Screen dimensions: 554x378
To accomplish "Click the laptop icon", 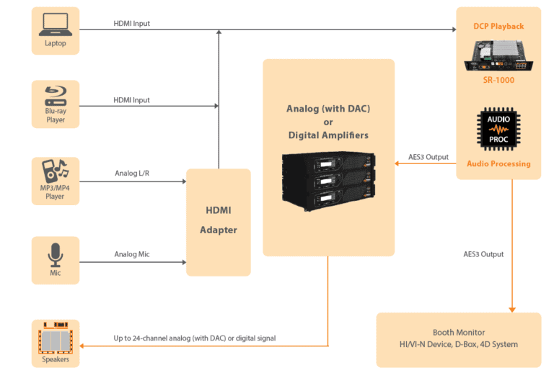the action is pyautogui.click(x=56, y=24).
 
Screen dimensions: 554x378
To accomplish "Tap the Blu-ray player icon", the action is pyautogui.click(x=56, y=96).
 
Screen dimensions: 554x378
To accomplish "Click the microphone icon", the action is pyautogui.click(x=56, y=255).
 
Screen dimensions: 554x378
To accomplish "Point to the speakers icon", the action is pyautogui.click(x=56, y=338).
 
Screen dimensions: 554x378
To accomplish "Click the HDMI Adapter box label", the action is pyautogui.click(x=219, y=220).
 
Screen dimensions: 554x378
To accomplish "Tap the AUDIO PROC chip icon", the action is pyautogui.click(x=498, y=129).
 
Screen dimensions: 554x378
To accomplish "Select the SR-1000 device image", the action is pyautogui.click(x=498, y=55).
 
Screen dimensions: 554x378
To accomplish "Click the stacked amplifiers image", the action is pyautogui.click(x=329, y=181).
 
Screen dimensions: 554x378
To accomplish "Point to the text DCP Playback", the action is pyautogui.click(x=498, y=26).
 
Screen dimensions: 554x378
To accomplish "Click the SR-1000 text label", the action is pyautogui.click(x=498, y=80).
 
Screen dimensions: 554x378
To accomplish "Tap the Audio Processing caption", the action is pyautogui.click(x=498, y=163).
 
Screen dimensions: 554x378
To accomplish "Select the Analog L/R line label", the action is pyautogui.click(x=132, y=173).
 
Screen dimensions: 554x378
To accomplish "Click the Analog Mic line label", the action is pyautogui.click(x=132, y=254).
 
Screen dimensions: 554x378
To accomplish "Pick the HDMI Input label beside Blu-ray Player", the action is pyautogui.click(x=131, y=100).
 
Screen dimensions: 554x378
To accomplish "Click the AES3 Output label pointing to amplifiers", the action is pyautogui.click(x=428, y=157).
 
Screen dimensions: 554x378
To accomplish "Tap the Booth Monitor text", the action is pyautogui.click(x=459, y=332).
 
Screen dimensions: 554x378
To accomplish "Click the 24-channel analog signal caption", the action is pyautogui.click(x=195, y=338).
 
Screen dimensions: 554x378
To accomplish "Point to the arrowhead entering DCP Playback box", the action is pyautogui.click(x=454, y=30).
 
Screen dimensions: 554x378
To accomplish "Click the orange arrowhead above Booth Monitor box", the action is pyautogui.click(x=512, y=310).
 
